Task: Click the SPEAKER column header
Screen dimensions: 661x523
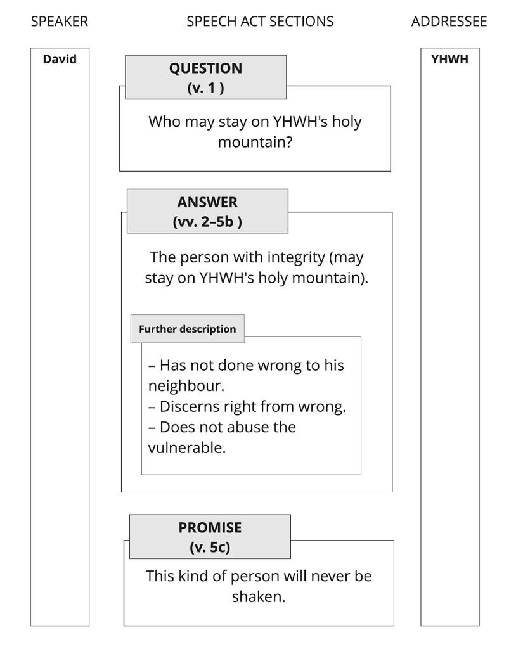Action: [60, 22]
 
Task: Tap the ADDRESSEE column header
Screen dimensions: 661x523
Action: [449, 22]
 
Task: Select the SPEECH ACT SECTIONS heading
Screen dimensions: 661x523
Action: [260, 22]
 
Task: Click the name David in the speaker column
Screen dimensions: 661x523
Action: [60, 60]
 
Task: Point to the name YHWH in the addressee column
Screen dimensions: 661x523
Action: [449, 60]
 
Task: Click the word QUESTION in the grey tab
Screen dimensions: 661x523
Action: [205, 68]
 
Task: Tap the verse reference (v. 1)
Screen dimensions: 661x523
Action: [205, 88]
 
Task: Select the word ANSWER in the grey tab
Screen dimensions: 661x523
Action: [207, 202]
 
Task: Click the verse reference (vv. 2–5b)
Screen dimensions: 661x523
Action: [207, 222]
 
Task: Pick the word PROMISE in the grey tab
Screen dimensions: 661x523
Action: [210, 527]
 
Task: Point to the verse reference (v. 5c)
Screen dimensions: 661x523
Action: [210, 547]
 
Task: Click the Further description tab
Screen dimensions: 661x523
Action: [187, 329]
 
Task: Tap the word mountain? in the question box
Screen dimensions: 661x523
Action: [255, 142]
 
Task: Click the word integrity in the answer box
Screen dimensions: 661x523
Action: [297, 258]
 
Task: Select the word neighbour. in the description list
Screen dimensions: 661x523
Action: [186, 386]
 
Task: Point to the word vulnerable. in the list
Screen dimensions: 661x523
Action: [186, 447]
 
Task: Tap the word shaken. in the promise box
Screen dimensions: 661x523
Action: [258, 596]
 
